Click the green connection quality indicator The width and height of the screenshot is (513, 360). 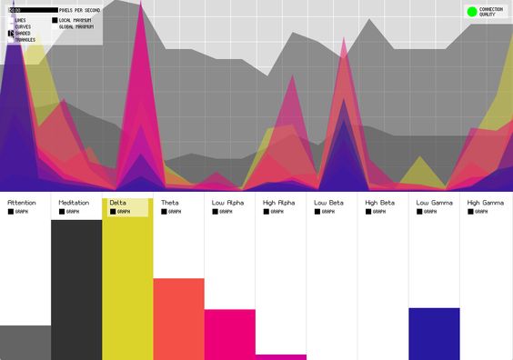point(471,12)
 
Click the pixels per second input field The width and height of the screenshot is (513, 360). point(31,10)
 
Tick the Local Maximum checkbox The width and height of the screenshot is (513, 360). point(55,19)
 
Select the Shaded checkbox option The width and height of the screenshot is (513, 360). point(11,34)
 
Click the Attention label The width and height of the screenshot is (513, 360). point(21,202)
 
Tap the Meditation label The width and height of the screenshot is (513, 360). point(74,202)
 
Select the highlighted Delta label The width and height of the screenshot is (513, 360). point(118,202)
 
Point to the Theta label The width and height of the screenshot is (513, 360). point(169,202)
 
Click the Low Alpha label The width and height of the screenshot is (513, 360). point(227,202)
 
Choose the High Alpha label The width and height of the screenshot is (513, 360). point(278,202)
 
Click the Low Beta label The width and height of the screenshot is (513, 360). point(327,202)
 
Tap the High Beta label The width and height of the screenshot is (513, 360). point(379,202)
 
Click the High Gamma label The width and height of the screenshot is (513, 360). point(485,202)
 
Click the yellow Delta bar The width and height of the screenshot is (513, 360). point(127,291)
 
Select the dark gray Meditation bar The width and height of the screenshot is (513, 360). point(76,291)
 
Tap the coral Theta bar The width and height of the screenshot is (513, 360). point(178,318)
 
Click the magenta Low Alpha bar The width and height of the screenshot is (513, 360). point(229,335)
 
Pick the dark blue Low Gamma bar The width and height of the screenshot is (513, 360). point(434,334)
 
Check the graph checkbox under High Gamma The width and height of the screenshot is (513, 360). point(471,212)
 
